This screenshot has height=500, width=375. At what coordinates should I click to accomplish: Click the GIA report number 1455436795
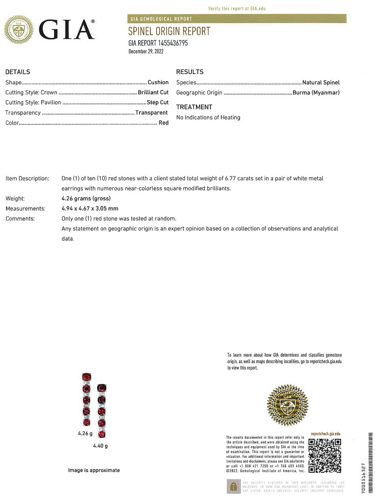pos(158,43)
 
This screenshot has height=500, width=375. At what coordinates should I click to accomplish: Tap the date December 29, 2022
pos(146,51)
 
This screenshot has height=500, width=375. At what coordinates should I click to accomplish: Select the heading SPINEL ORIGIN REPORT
pos(169,31)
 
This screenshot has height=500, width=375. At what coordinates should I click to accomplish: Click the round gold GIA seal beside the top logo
pos(19,29)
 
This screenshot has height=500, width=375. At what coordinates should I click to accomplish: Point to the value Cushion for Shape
pos(158,82)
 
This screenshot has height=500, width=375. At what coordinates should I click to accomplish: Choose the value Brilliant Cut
pos(153,92)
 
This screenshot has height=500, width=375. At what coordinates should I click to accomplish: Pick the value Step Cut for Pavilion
pos(158,102)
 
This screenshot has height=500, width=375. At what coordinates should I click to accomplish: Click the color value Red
pos(163,123)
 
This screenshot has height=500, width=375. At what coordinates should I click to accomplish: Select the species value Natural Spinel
pos(321,82)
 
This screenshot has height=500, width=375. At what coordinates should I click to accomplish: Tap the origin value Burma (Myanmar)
pos(316,92)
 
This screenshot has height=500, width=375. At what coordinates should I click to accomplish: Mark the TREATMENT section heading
pos(194,107)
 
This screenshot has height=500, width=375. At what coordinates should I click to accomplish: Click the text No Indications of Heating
pos(208,117)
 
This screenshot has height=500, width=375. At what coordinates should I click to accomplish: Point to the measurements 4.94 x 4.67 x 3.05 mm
pos(90,208)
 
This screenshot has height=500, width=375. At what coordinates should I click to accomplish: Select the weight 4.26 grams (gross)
pos(86,198)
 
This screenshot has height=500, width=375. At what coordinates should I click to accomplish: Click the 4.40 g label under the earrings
pos(100,446)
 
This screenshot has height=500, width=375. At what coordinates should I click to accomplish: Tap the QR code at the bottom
pos(324,455)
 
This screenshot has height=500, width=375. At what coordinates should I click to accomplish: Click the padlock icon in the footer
pos(233,487)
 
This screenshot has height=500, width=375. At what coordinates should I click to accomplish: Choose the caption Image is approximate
pos(94,470)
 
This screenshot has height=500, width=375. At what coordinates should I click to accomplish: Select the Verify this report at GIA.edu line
pos(237,8)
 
